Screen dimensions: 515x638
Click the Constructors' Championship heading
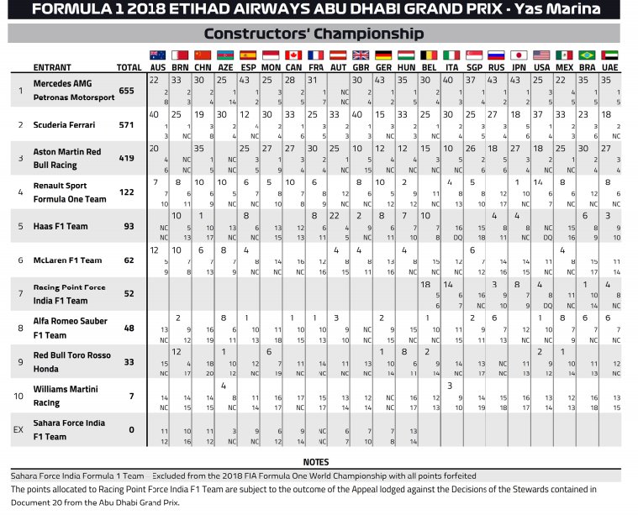coord(314,34)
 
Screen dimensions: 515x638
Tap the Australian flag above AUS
coord(157,55)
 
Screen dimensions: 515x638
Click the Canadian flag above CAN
coord(293,55)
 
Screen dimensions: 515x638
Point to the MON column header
coord(271,67)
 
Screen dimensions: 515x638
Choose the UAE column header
coord(609,67)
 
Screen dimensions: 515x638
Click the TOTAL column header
coord(129,67)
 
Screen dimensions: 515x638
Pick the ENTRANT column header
coord(51,67)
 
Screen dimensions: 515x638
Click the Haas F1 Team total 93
coord(129,226)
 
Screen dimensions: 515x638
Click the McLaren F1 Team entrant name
coord(67,260)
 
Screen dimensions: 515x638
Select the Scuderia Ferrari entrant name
coord(64,124)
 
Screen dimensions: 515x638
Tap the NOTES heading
coord(315,462)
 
